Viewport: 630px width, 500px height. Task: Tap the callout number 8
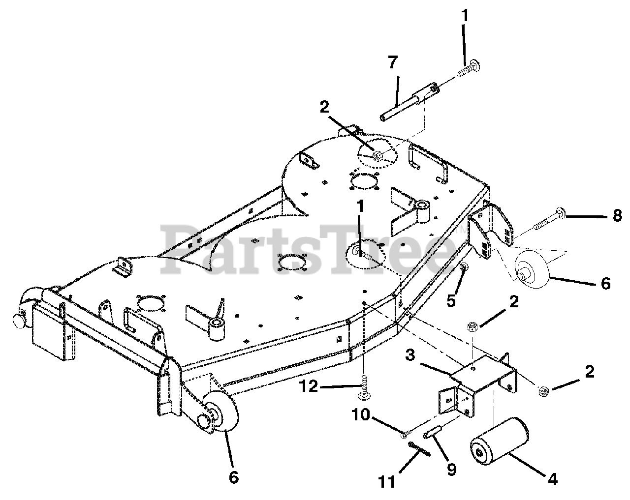617,216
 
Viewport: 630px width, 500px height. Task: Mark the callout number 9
451,469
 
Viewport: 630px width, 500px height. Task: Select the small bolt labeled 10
407,434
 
